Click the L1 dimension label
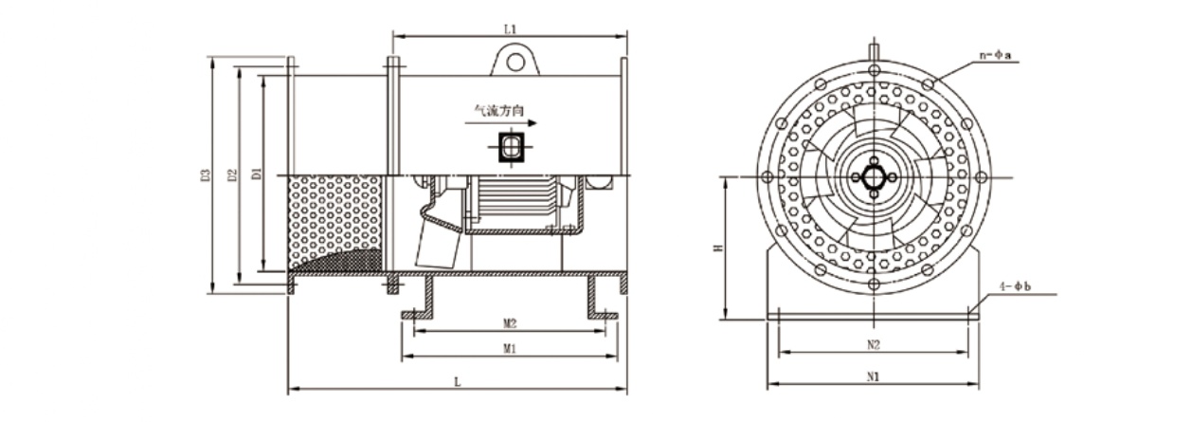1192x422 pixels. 511,29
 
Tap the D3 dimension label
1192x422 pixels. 206,174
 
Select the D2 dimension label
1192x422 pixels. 231,174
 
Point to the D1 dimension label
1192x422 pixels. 257,173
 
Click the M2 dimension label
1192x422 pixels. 510,322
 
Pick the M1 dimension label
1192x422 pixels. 510,348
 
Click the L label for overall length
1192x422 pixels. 457,381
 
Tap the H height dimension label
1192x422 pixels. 718,248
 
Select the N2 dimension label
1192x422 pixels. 874,345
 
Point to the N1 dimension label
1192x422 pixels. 873,376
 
